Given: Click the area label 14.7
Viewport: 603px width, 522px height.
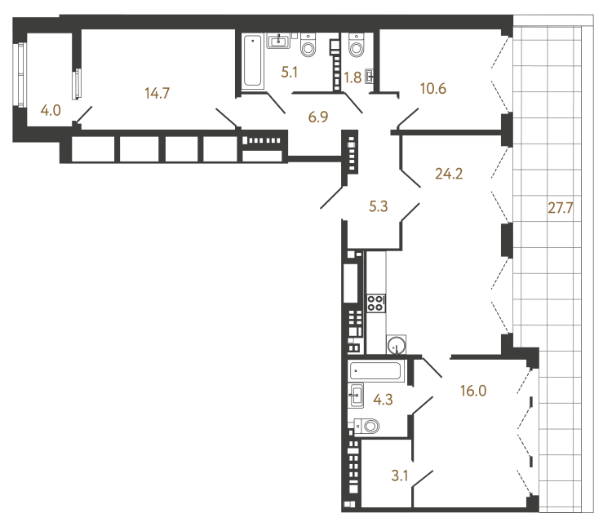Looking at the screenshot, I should pos(157,93).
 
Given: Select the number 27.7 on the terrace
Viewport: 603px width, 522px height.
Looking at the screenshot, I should pos(561,207).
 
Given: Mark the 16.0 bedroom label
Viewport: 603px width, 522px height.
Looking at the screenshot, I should pos(472,391).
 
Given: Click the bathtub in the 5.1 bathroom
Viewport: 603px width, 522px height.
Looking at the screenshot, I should pos(252,60).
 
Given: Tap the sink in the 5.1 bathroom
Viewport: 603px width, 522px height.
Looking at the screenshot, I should pos(281,38).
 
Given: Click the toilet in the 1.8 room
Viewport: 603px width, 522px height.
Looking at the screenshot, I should pos(356,46).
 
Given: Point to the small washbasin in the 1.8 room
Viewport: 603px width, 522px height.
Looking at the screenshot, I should pos(370,77).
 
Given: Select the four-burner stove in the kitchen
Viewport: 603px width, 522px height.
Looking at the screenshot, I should pos(376,303).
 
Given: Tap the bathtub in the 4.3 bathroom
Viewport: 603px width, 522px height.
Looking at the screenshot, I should pos(376,371).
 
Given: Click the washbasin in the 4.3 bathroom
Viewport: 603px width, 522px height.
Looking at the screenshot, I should pos(356,397).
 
